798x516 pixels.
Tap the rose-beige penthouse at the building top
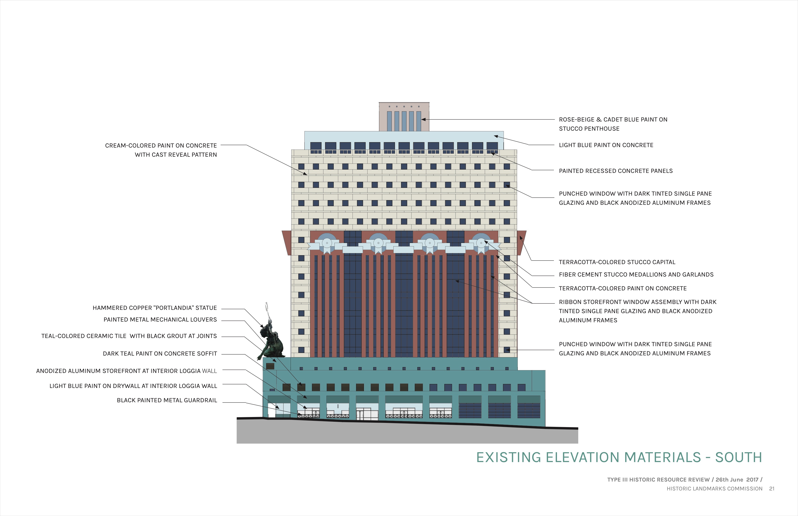[404, 117]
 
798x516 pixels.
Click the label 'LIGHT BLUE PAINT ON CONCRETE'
[606, 145]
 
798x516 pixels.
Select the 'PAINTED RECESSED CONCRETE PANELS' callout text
[616, 171]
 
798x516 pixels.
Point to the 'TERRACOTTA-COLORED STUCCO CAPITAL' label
[617, 262]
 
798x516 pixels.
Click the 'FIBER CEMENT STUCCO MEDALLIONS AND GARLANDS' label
[636, 275]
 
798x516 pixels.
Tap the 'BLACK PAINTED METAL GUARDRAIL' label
[167, 400]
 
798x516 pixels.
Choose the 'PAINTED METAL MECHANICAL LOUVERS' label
[160, 320]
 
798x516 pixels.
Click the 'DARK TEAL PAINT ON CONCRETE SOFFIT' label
[160, 354]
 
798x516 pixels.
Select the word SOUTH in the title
[739, 458]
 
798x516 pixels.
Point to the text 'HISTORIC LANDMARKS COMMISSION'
[714, 489]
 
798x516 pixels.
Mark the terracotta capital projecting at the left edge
[287, 243]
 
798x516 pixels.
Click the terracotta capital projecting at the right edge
[522, 243]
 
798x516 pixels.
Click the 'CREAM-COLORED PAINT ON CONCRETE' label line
[161, 145]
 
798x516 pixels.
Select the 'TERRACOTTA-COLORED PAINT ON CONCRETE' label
[623, 288]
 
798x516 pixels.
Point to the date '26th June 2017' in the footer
[737, 480]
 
